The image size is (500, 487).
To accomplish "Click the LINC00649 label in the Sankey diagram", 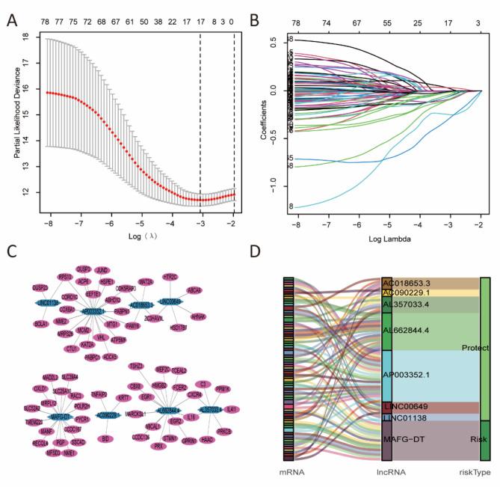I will [x=406, y=407].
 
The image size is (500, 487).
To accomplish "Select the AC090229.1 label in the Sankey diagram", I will [x=407, y=293].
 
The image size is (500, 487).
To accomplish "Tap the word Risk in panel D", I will [x=471, y=441].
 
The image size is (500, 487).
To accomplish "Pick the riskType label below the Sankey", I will [x=474, y=474].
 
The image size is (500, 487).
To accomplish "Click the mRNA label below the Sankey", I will [x=291, y=474].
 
